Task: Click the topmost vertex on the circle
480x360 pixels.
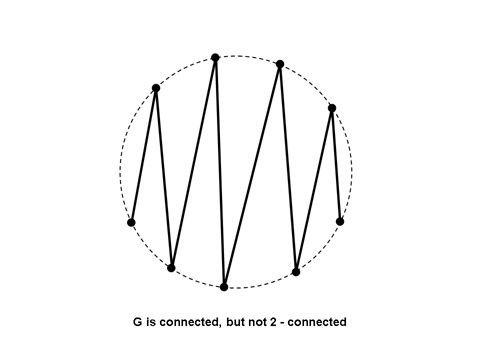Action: click(215, 57)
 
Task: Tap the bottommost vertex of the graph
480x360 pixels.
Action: click(224, 287)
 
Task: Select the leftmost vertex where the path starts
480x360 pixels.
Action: click(131, 222)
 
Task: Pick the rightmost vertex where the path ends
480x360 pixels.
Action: click(340, 221)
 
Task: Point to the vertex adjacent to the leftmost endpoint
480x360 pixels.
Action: click(156, 88)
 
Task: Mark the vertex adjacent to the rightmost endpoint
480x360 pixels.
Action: click(331, 108)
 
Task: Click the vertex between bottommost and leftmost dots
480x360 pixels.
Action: click(172, 268)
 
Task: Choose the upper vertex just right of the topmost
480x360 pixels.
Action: click(280, 64)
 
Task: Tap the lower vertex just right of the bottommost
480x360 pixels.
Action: click(296, 271)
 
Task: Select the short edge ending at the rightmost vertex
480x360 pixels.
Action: click(336, 165)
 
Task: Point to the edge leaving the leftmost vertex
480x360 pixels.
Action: click(143, 155)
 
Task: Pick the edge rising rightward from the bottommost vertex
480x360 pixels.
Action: click(252, 175)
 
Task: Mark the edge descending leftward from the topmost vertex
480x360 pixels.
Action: click(194, 162)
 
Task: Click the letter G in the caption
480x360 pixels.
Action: click(137, 323)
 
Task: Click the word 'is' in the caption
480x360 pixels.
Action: click(151, 323)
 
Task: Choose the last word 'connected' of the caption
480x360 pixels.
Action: click(317, 323)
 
